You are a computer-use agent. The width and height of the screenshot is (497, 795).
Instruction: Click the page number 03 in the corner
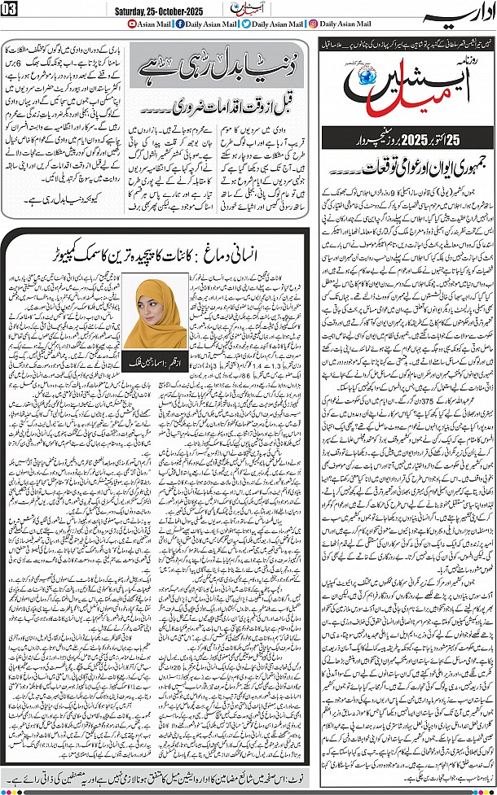12,10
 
